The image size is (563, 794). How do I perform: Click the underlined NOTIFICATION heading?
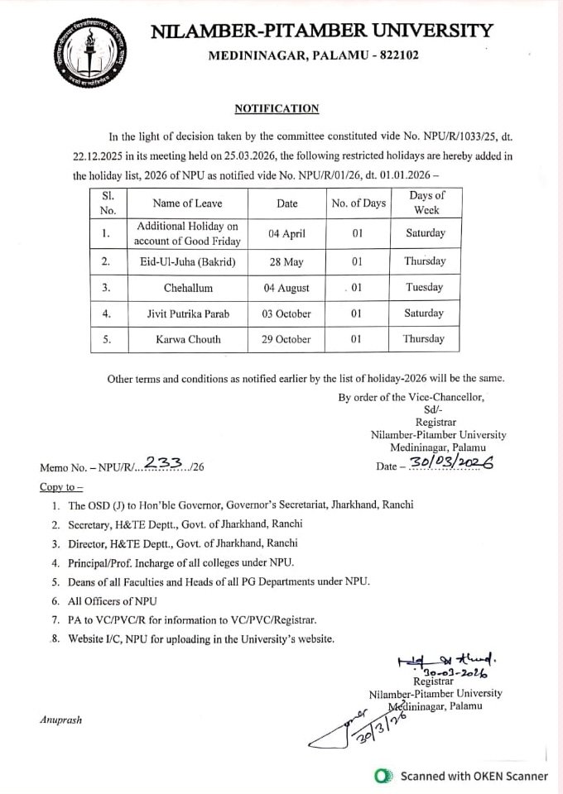coord(277,108)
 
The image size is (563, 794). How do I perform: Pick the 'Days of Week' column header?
coord(425,203)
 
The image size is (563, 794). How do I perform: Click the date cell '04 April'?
coord(289,233)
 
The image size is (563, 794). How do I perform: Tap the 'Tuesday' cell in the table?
coord(425,288)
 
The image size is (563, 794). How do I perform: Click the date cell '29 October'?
coord(289,339)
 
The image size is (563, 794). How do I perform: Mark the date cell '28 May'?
coord(289,261)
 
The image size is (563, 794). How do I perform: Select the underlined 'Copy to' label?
coord(60,485)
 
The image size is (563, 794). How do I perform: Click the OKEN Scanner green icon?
coord(383,776)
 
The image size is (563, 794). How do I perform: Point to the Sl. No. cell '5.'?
coord(107,339)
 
